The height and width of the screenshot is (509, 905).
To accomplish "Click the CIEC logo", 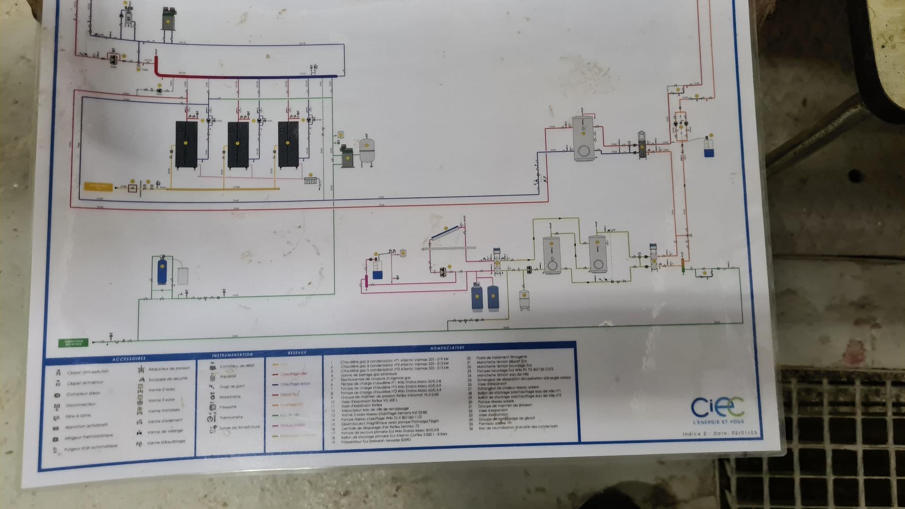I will (x=717, y=409).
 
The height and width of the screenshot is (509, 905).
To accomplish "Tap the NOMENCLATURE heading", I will (x=447, y=348).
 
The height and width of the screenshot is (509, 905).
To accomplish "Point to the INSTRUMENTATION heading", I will (x=232, y=355).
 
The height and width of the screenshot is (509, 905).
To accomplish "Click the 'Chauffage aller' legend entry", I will (x=293, y=374).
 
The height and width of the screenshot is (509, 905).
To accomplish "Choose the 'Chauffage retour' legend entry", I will (x=295, y=384).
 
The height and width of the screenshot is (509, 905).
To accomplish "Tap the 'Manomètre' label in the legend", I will (x=230, y=397).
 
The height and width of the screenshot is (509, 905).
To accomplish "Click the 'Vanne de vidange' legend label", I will (x=165, y=432).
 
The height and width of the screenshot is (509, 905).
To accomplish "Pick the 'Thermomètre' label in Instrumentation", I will (x=231, y=417).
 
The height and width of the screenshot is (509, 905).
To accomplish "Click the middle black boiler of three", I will (x=238, y=144).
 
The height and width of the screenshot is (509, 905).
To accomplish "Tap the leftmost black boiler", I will (x=186, y=144).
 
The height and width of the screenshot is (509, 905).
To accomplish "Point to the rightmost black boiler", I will (x=288, y=144).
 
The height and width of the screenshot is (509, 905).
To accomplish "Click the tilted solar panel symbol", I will (x=445, y=233).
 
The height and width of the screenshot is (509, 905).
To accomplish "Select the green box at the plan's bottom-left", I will (x=73, y=343).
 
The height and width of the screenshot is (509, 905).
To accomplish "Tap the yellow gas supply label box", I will (x=98, y=187).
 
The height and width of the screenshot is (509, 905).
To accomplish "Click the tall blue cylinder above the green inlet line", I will (x=162, y=271).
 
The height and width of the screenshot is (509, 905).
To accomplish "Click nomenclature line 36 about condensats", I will (x=518, y=427).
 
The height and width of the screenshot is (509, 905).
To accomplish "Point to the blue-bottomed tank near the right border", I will (x=709, y=147).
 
